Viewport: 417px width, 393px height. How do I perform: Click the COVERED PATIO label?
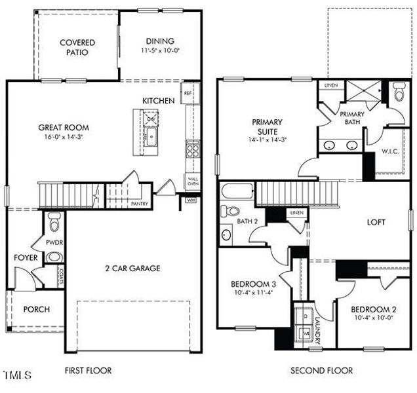click(78, 47)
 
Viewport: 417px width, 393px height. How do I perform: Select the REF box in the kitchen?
click(188, 93)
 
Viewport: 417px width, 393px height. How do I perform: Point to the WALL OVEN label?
click(193, 181)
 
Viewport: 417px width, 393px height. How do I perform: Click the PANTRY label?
click(139, 204)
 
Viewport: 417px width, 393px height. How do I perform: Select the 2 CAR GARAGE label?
click(133, 268)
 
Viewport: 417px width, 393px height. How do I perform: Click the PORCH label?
click(36, 309)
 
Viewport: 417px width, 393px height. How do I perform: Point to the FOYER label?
click(26, 257)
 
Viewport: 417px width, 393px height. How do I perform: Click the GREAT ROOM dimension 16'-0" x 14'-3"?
click(63, 137)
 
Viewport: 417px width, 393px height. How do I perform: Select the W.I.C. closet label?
click(390, 151)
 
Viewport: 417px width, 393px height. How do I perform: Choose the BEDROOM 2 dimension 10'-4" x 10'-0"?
click(372, 318)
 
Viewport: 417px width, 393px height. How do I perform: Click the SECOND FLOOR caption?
click(321, 371)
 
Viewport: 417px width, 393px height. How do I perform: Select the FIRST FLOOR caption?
click(88, 371)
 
